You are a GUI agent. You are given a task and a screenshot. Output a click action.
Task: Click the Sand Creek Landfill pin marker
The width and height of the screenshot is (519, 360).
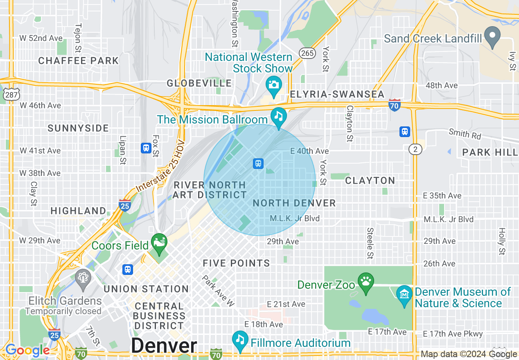pyautogui.click(x=492, y=36)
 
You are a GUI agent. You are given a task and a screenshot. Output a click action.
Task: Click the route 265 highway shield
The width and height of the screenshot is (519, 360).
pyautogui.click(x=307, y=53)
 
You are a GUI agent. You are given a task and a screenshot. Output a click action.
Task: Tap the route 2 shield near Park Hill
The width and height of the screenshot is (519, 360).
pyautogui.click(x=415, y=150)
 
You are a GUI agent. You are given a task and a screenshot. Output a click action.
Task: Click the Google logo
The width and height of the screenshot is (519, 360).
pyautogui.click(x=27, y=351)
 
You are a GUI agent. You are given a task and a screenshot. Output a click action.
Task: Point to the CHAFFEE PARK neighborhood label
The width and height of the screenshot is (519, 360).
pyautogui.click(x=78, y=61)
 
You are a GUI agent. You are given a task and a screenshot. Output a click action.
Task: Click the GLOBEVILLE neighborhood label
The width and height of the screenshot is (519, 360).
pyautogui.click(x=199, y=83)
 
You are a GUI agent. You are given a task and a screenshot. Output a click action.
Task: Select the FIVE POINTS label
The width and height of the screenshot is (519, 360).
pyautogui.click(x=236, y=263)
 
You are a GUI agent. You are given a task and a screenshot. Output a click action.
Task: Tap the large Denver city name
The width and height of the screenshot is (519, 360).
pyautogui.click(x=164, y=346)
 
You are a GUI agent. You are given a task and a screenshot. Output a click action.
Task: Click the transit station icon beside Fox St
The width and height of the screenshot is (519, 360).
pyautogui.click(x=146, y=148)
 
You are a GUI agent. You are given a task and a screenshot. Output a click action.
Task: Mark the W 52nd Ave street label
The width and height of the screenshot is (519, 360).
pyautogui.click(x=41, y=38)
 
